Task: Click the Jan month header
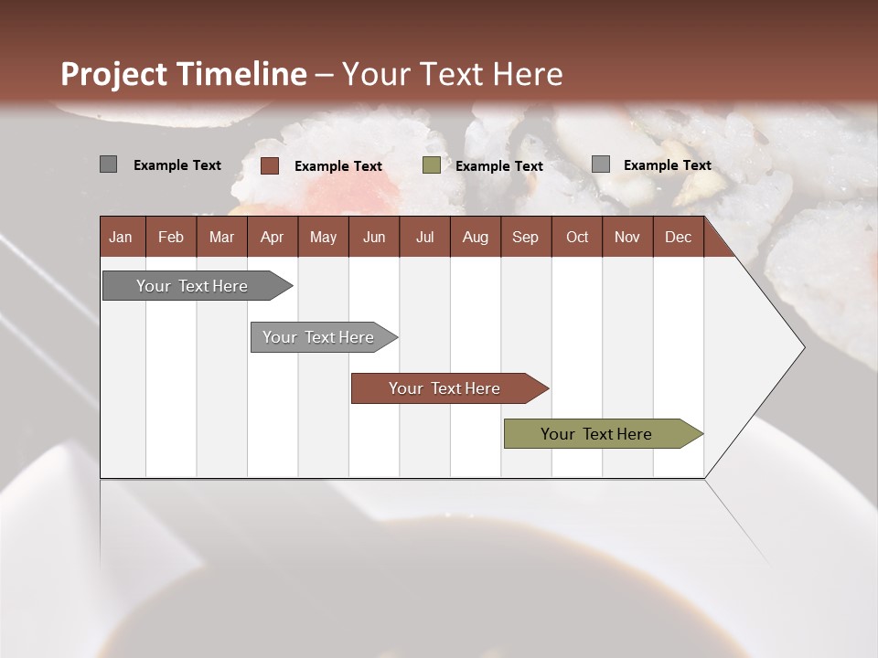tap(121, 237)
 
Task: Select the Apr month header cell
tap(272, 237)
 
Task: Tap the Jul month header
tap(424, 237)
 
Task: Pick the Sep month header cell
tap(525, 237)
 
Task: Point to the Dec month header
tap(678, 237)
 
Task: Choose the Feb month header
tap(171, 237)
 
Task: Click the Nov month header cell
tap(626, 237)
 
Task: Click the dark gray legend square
tap(108, 164)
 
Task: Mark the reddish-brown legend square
tap(270, 165)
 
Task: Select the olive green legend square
tap(432, 165)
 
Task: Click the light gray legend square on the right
tap(601, 164)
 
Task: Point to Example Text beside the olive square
tap(499, 166)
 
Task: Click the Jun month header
tap(374, 237)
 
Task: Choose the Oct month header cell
tap(577, 237)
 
